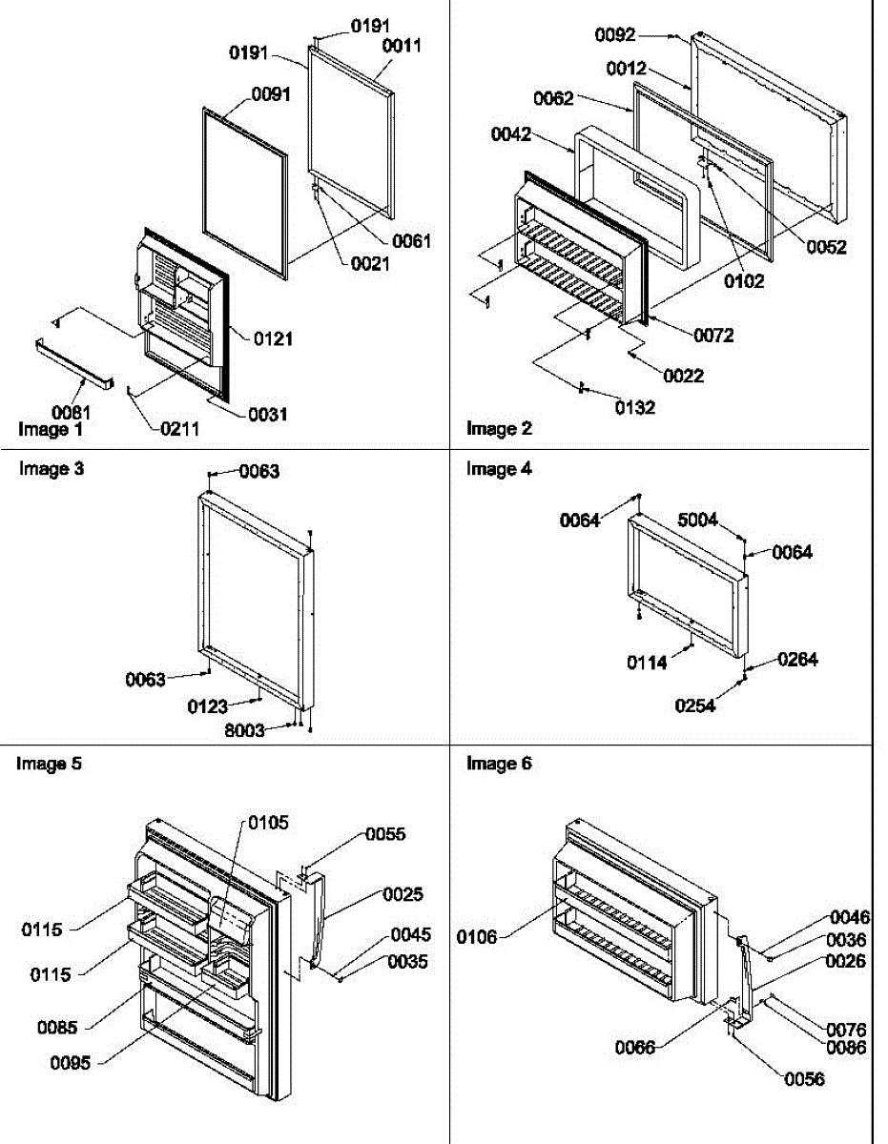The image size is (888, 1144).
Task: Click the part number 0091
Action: tap(271, 94)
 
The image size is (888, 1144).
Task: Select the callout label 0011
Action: tap(402, 45)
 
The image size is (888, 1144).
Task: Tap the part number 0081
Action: tap(72, 412)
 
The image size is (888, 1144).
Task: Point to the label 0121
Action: tap(273, 337)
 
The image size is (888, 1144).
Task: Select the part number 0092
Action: tap(615, 35)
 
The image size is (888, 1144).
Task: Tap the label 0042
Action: tap(511, 135)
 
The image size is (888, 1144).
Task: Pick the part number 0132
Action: tap(608, 408)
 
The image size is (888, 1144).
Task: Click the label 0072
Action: tap(713, 336)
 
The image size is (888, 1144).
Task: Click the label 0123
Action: tap(207, 706)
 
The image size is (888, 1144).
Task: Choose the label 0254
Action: tap(695, 706)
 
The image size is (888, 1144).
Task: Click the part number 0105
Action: tap(268, 823)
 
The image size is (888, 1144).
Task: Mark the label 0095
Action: tap(70, 1063)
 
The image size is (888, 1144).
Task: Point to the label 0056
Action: tap(804, 1079)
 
